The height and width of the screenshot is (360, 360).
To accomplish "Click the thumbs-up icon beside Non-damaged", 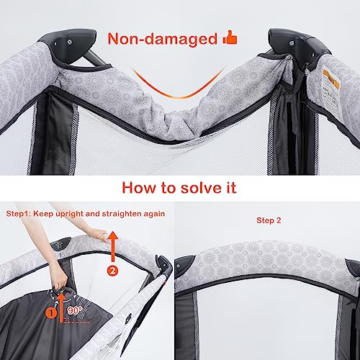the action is tap(230, 37).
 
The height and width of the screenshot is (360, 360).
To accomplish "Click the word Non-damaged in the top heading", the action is tap(163, 39).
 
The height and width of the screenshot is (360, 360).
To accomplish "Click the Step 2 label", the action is tap(269, 220).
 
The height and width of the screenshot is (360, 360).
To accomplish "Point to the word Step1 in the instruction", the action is tap(17, 214).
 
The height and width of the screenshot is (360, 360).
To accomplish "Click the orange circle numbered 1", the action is tap(51, 313).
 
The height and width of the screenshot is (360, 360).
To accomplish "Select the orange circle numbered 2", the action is tap(112, 271).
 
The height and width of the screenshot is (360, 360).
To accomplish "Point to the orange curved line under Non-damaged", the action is tap(177, 96).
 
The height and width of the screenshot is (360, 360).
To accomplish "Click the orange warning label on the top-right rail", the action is tap(331, 80).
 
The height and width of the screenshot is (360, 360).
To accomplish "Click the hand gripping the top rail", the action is tap(99, 234).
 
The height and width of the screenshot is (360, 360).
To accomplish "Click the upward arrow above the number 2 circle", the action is tap(112, 246).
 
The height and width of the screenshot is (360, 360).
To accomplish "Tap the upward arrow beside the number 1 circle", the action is tap(62, 308).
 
